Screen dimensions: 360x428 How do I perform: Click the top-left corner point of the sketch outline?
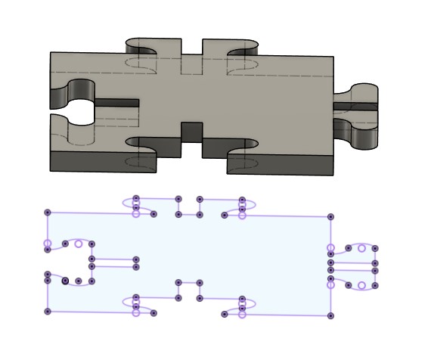tap(48, 214)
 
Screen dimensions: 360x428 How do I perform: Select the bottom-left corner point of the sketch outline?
tap(48, 312)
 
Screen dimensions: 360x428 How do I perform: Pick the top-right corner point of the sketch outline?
tap(330, 216)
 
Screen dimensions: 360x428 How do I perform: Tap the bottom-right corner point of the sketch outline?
tap(330, 315)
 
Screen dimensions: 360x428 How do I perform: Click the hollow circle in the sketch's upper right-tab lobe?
tap(361, 248)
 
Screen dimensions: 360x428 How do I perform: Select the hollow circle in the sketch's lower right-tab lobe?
tap(361, 285)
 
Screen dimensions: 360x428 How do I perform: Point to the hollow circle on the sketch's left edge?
tap(48, 244)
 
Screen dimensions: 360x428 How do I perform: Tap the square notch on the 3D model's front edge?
tap(191, 132)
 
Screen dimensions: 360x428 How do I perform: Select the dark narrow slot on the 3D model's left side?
tap(117, 102)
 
